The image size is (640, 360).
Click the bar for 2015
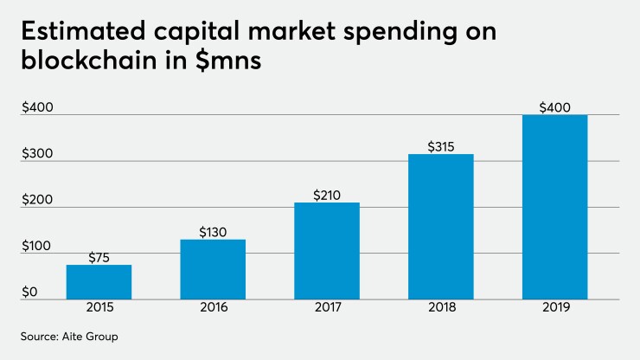(x=99, y=282)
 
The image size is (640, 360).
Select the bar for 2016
(x=213, y=269)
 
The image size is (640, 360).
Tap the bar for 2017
(x=327, y=251)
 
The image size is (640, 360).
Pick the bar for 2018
(x=441, y=227)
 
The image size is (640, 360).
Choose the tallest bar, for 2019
(x=554, y=208)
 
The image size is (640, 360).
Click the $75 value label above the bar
(x=99, y=256)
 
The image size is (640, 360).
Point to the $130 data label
(x=213, y=231)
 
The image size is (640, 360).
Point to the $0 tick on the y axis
(x=30, y=292)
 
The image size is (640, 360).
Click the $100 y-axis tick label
(x=37, y=247)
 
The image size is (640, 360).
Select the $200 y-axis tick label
(x=37, y=200)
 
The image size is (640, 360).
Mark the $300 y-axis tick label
(x=37, y=154)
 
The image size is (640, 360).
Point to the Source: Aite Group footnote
(x=69, y=336)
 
